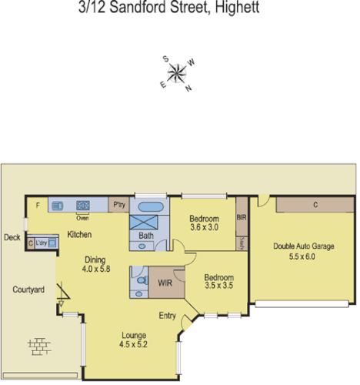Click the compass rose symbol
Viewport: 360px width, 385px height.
click(178, 73)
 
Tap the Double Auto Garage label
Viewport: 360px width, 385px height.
click(305, 251)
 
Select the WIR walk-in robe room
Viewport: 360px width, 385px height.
click(164, 283)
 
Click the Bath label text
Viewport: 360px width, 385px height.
click(146, 235)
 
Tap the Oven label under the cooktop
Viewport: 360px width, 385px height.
click(82, 217)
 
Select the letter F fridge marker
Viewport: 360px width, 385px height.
click(38, 206)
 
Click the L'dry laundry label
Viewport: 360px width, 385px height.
click(41, 243)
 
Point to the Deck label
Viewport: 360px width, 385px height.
click(12, 238)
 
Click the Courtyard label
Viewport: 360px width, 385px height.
click(28, 290)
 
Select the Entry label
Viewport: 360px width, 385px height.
click(168, 316)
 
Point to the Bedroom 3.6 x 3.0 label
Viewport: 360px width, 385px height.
click(205, 223)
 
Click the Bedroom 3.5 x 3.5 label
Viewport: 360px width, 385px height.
click(219, 281)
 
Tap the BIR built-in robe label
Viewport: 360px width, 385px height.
click(241, 218)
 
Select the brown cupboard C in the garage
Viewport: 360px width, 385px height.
click(315, 205)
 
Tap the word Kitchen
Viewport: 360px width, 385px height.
click(80, 234)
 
